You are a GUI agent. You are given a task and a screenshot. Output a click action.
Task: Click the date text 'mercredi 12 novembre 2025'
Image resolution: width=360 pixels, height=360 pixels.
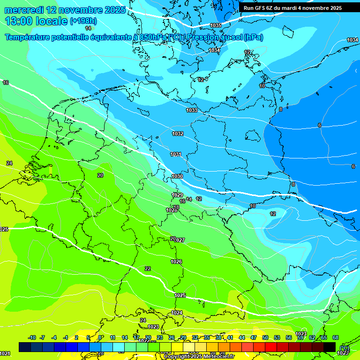tap(65, 10)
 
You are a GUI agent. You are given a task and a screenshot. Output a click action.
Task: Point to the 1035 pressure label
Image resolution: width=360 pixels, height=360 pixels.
tap(216, 25)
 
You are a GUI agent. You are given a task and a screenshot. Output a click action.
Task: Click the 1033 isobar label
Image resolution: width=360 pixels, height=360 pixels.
tap(191, 110)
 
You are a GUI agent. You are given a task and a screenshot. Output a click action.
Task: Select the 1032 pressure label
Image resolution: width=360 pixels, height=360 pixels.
tap(178, 134)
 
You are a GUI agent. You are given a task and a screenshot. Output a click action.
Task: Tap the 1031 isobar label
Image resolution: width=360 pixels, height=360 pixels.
tap(176, 154)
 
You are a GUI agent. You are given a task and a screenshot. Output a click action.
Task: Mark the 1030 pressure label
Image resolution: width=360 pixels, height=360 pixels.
tap(177, 176)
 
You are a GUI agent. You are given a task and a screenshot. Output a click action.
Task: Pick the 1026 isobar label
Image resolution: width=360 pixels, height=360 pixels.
tap(176, 262)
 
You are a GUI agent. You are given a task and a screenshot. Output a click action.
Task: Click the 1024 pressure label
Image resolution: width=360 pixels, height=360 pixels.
tap(177, 313)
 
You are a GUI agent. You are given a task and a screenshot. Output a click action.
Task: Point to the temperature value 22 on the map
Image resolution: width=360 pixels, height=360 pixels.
tap(148, 269)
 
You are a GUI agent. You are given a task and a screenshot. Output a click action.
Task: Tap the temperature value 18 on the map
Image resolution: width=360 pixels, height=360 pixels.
tap(176, 207)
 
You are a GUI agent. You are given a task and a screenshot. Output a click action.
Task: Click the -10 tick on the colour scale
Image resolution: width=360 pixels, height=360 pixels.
tap(32, 337)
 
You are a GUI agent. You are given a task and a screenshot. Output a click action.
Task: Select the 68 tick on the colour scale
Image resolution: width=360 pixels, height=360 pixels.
tap(336, 337)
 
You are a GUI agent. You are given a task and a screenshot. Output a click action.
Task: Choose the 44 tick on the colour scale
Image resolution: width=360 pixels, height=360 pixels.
tap(242, 337)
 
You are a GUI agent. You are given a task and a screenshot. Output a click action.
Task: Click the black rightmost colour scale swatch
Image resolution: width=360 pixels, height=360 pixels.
tap(330, 347)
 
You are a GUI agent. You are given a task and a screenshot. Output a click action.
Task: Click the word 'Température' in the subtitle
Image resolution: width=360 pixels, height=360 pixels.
tap(28, 37)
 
